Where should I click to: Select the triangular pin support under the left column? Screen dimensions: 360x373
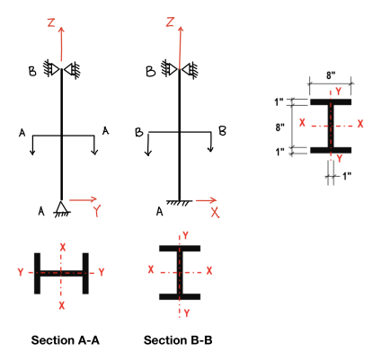(x=61, y=206)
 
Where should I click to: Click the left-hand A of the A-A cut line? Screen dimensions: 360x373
(x=22, y=133)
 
